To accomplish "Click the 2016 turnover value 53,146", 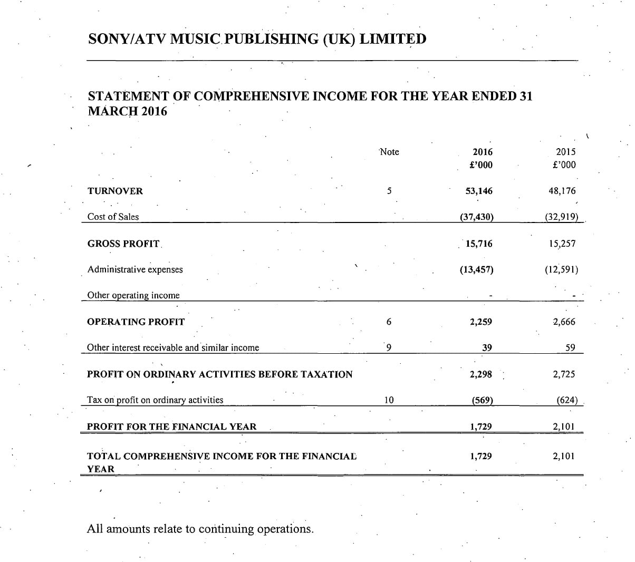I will click(479, 191).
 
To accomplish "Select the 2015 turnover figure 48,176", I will click(562, 191).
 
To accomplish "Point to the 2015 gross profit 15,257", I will click(562, 244).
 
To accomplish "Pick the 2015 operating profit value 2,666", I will click(564, 322).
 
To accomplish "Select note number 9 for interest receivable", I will click(389, 347).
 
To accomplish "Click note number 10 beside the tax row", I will click(389, 400).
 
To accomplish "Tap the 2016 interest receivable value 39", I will click(487, 347).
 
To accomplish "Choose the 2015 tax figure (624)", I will click(567, 400).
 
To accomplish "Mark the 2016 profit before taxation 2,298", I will click(480, 374).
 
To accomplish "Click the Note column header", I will click(389, 152).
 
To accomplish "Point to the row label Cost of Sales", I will click(113, 217).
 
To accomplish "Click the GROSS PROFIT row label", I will click(123, 244).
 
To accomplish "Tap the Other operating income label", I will click(133, 295).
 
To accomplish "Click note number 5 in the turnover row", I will click(389, 191).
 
